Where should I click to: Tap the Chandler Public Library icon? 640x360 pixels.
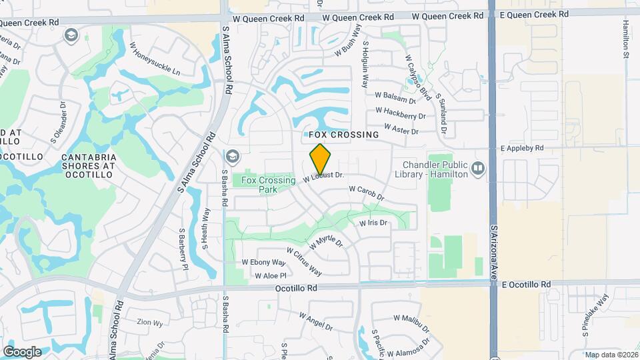tap(477, 167)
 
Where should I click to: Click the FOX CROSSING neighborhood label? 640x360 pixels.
tap(344, 135)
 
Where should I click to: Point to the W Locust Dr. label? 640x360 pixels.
tap(323, 177)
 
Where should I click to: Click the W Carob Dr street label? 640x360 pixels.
tap(367, 193)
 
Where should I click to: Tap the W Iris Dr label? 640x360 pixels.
tap(373, 223)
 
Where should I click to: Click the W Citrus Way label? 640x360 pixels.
tap(305, 261)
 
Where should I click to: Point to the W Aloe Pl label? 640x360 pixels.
tap(270, 275)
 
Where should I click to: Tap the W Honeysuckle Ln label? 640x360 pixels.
tap(155, 59)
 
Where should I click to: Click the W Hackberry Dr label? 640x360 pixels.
tap(400, 113)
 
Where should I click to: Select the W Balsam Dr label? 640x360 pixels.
tap(395, 98)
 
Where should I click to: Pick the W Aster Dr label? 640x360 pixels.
tap(401, 129)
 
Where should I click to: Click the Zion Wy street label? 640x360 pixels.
tap(149, 323)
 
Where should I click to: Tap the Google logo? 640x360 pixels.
tap(22, 351)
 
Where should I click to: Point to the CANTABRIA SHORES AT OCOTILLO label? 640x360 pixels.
tap(89, 165)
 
